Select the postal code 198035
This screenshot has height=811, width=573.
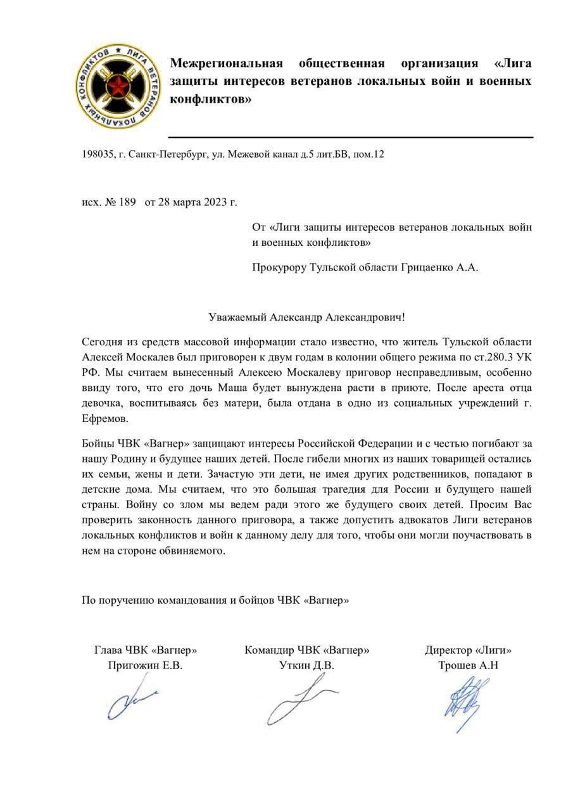pyautogui.click(x=98, y=154)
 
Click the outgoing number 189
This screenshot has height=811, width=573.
pyautogui.click(x=127, y=203)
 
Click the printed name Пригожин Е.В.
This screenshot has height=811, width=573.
pyautogui.click(x=145, y=665)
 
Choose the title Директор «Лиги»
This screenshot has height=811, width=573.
pyautogui.click(x=468, y=650)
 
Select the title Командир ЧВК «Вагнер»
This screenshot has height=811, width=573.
pyautogui.click(x=306, y=650)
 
